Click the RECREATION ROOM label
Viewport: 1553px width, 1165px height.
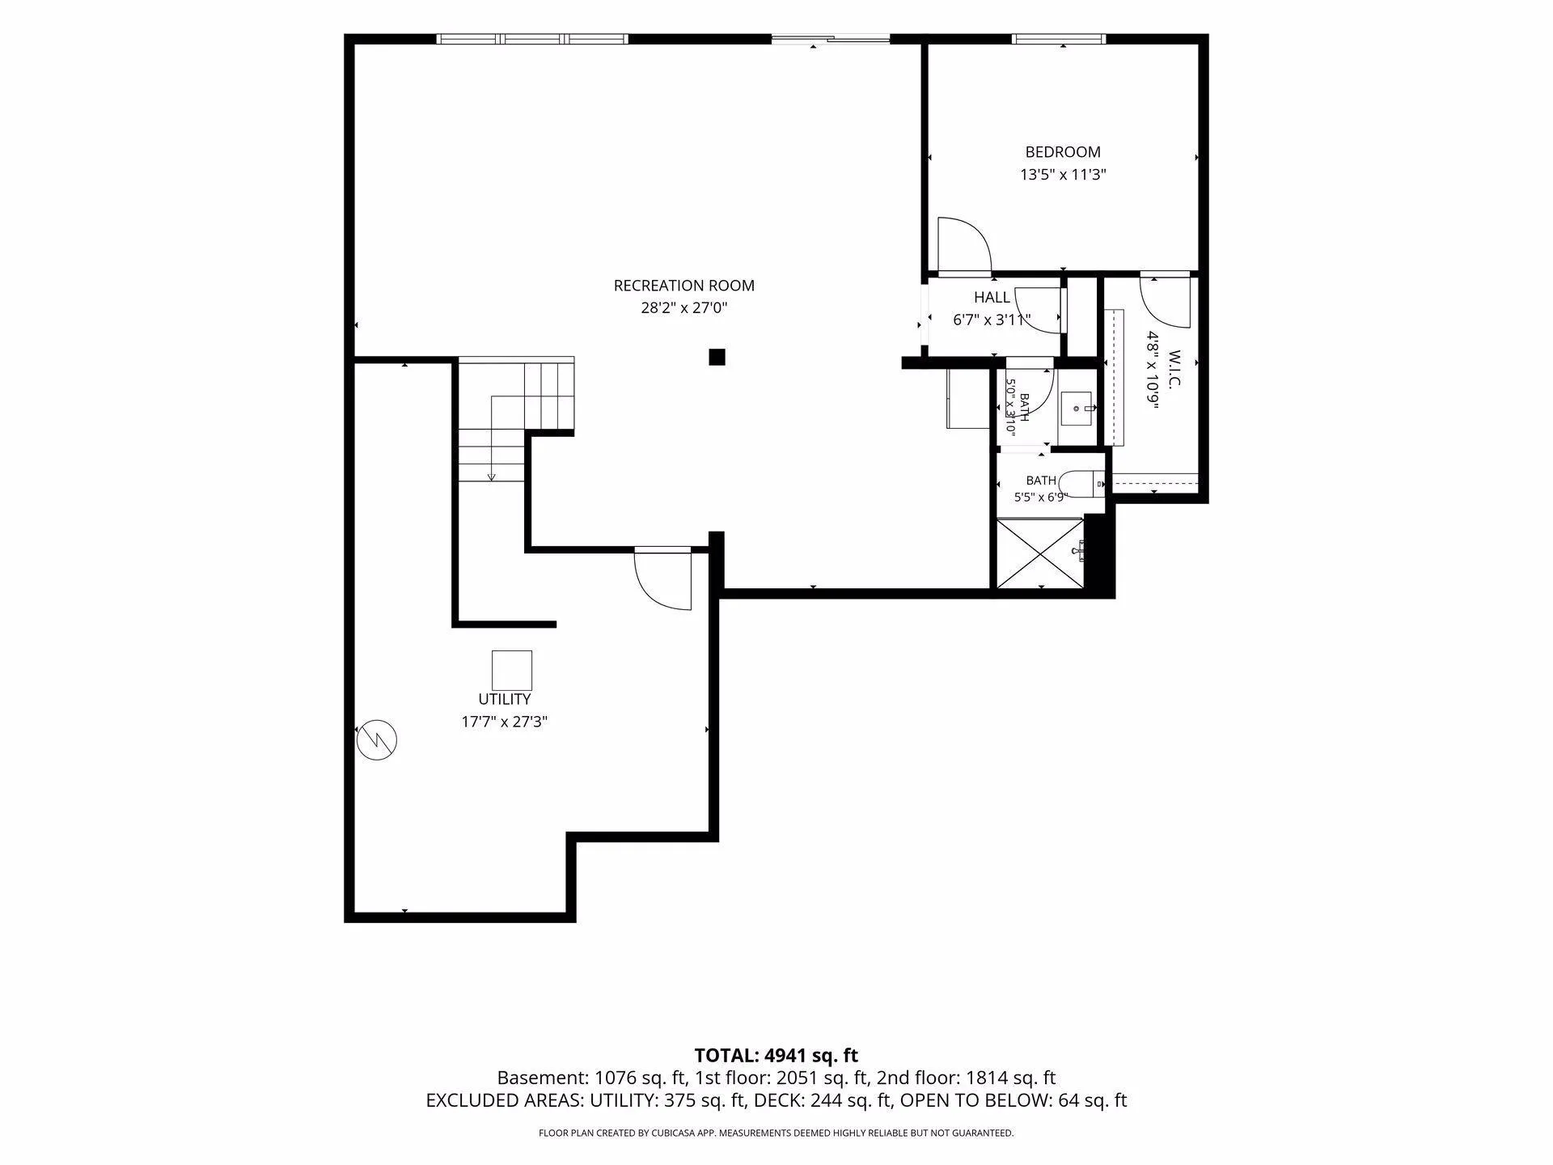pos(683,286)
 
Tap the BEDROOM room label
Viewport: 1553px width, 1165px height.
pos(1063,152)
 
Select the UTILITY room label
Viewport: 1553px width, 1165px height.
pos(505,699)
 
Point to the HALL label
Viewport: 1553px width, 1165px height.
pos(992,297)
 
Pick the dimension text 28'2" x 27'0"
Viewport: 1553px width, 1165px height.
pos(684,307)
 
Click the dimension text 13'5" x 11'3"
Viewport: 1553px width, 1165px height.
pos(1063,174)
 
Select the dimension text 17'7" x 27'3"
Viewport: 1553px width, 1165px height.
pos(505,722)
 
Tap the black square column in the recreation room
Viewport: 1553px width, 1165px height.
pos(717,357)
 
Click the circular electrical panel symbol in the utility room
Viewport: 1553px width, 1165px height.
pos(377,739)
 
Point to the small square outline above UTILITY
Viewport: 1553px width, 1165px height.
pos(512,671)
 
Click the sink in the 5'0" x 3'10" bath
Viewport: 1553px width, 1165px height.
pos(1077,409)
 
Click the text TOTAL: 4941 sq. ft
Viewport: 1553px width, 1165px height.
pos(776,1055)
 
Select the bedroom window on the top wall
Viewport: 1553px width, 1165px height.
pos(1059,39)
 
